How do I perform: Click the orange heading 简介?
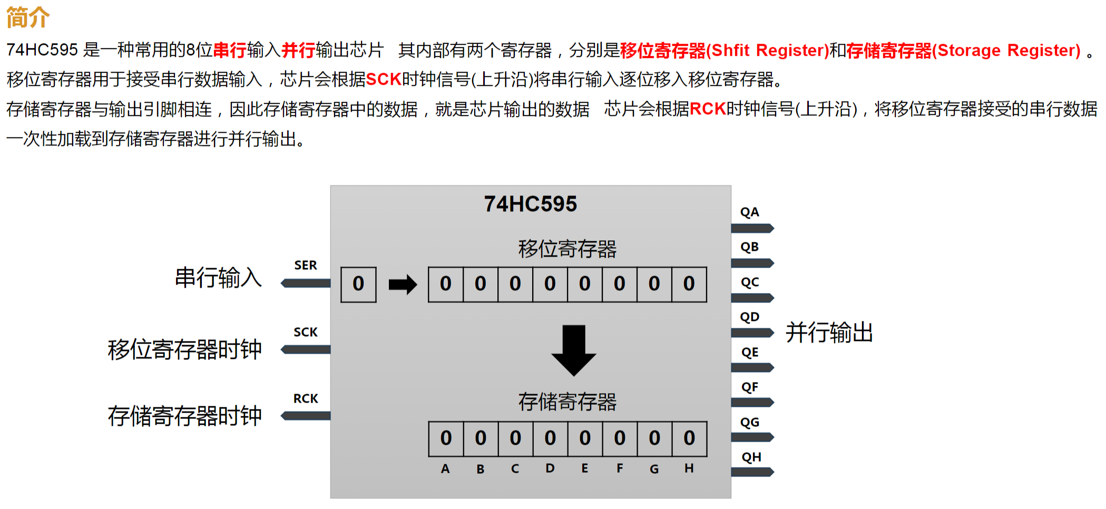coord(28,17)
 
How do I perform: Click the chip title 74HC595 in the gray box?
coord(530,204)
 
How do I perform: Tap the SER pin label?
coord(306,265)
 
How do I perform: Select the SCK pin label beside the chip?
coord(306,332)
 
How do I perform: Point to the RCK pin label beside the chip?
coord(306,398)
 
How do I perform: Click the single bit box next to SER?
coord(358,285)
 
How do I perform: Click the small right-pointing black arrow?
coord(403,285)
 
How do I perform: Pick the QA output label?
coord(750,212)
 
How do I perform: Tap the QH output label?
coord(751,457)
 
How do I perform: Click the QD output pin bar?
coord(752,333)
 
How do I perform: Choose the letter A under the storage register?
coord(445,468)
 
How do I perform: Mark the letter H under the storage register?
coord(689,468)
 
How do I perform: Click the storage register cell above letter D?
coord(550,438)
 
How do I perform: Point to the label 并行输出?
coord(829,333)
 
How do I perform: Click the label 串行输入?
coord(218,278)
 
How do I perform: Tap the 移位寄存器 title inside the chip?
coord(567,249)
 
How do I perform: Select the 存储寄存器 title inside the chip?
coord(567,402)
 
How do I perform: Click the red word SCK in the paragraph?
coord(384,80)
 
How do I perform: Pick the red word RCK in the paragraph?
coord(708,109)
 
